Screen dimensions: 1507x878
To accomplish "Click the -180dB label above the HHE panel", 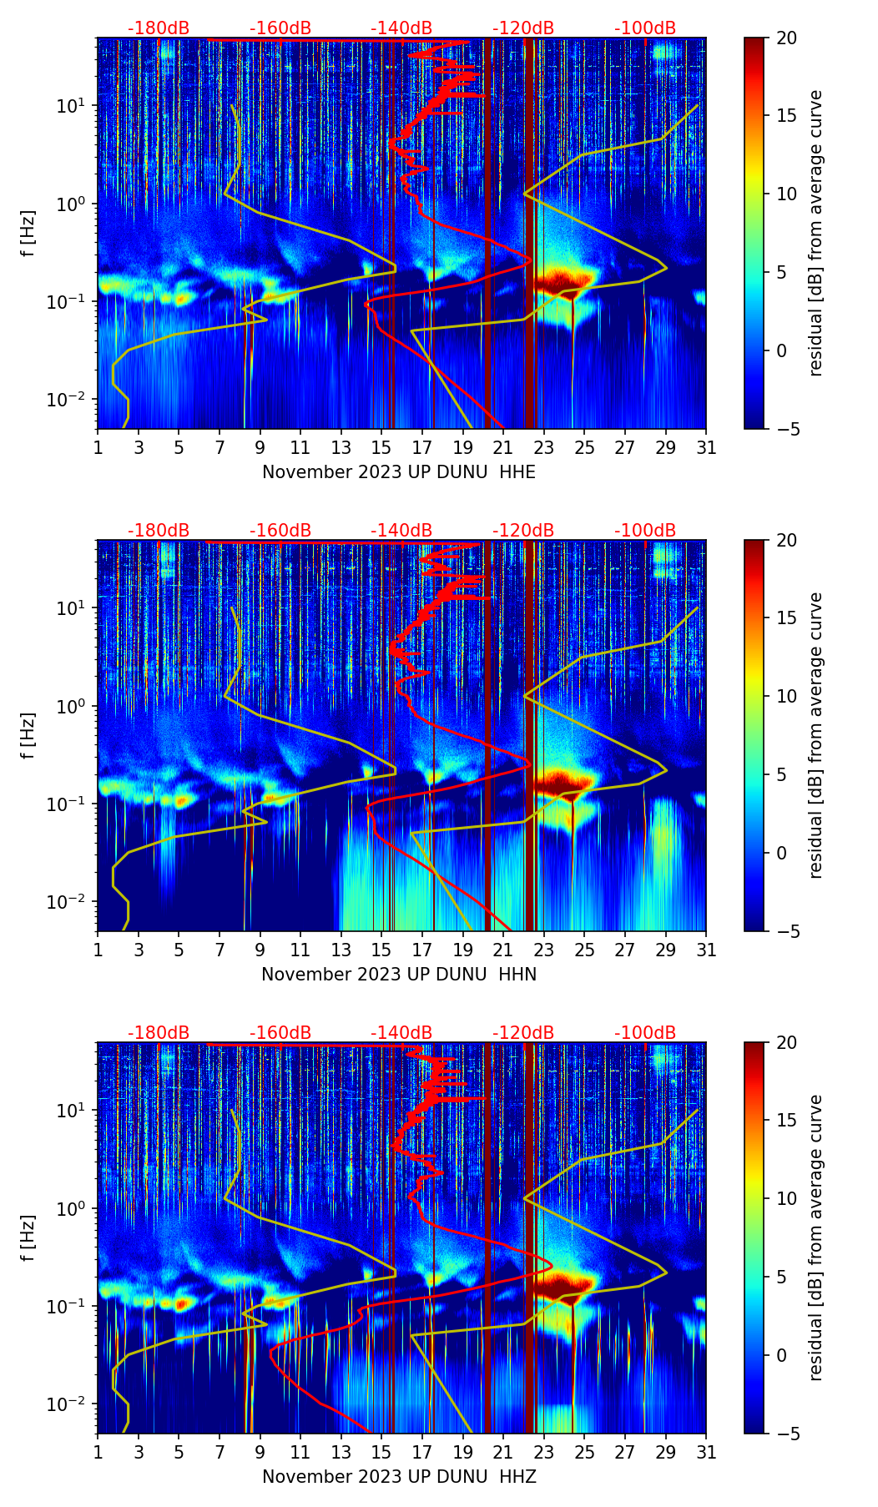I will tap(159, 28).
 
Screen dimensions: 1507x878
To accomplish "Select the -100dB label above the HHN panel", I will tap(645, 531).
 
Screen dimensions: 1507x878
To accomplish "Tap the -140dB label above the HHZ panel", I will tap(401, 1033).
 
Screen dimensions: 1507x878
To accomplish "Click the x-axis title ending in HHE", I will tap(399, 472).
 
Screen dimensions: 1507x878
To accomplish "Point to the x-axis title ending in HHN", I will tap(399, 975).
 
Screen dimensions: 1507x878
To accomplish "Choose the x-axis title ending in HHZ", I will tap(399, 1477).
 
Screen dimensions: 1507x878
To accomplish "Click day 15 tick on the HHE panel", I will tap(381, 447).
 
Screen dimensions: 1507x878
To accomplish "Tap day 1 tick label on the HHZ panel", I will tap(98, 1452).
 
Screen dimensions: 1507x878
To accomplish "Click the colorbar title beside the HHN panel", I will tap(816, 735).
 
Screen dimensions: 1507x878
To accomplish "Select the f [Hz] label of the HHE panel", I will tap(28, 233).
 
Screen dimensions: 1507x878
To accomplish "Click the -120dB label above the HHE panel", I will tap(523, 28).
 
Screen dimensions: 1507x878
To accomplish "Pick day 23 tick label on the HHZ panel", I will tap(544, 1452).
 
